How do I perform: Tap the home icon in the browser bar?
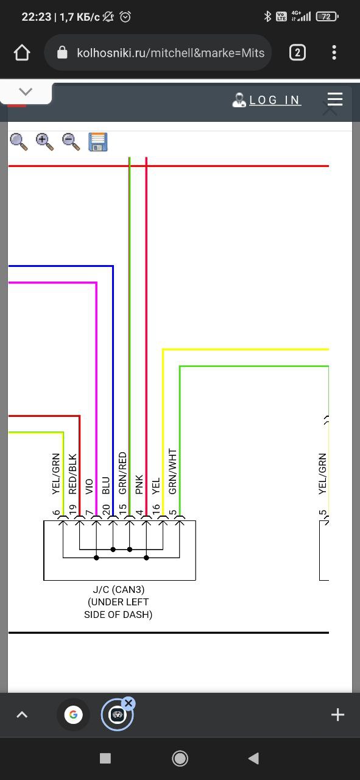pyautogui.click(x=22, y=52)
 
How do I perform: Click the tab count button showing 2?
pyautogui.click(x=297, y=52)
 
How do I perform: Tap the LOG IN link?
pyautogui.click(x=274, y=101)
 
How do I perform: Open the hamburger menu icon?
pyautogui.click(x=335, y=99)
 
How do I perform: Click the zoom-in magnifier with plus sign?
pyautogui.click(x=44, y=142)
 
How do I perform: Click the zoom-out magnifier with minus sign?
pyautogui.click(x=71, y=142)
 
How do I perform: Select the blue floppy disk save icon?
pyautogui.click(x=98, y=142)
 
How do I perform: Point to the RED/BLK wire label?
pyautogui.click(x=72, y=473)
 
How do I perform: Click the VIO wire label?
pyautogui.click(x=89, y=486)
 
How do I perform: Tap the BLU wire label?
pyautogui.click(x=106, y=486)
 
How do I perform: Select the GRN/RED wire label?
pyautogui.click(x=122, y=473)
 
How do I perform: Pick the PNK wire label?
pyautogui.click(x=139, y=484)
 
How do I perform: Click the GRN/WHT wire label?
pyautogui.click(x=172, y=471)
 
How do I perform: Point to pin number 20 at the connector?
pyautogui.click(x=106, y=509)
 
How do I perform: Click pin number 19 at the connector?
pyautogui.click(x=72, y=509)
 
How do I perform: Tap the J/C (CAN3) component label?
pyautogui.click(x=119, y=589)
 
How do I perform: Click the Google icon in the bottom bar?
pyautogui.click(x=73, y=715)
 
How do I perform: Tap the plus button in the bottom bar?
pyautogui.click(x=337, y=715)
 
